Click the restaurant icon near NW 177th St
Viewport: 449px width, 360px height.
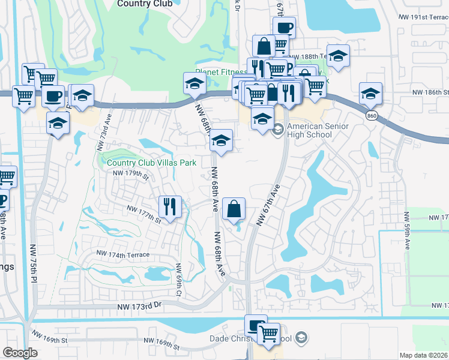coord(170,207)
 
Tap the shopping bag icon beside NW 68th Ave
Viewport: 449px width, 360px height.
coord(234,209)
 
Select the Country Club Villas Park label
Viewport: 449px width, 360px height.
coord(152,163)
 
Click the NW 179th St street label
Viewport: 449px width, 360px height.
coord(130,174)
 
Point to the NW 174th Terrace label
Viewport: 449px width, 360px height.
coord(121,255)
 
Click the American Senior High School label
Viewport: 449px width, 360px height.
coord(310,130)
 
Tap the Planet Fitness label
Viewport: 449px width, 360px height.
coord(217,72)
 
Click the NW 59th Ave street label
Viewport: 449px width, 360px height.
coord(408,236)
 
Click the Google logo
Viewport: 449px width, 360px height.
coord(20,353)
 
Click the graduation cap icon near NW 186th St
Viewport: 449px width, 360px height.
coord(370,94)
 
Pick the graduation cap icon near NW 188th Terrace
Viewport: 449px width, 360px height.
coord(338,56)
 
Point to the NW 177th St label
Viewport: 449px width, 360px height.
coord(145,214)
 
